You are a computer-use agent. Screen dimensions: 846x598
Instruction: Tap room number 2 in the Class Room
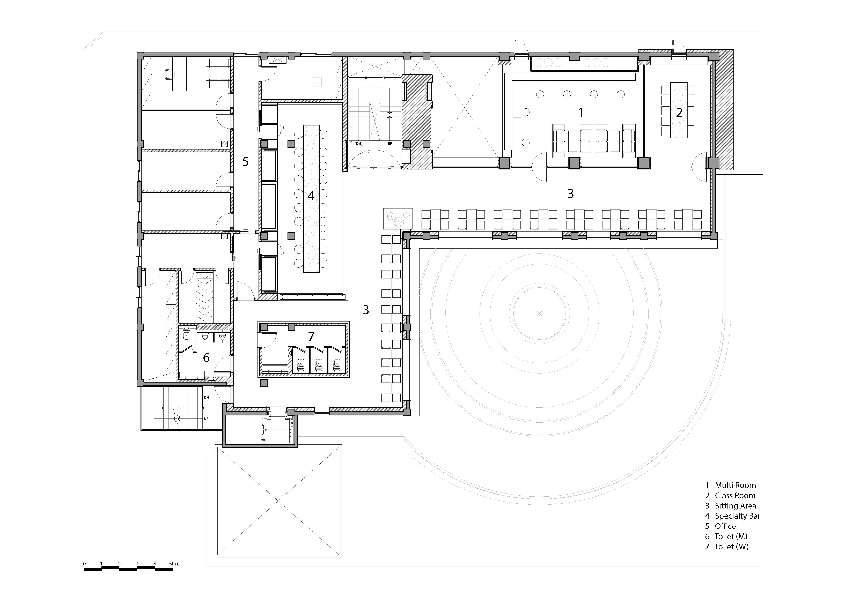(679, 112)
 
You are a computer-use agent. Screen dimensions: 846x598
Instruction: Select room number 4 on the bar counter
(311, 196)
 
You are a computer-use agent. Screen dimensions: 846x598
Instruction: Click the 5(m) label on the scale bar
(174, 563)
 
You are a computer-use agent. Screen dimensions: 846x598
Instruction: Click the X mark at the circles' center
(540, 313)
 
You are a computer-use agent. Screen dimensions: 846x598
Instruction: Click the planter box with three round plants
(398, 219)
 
